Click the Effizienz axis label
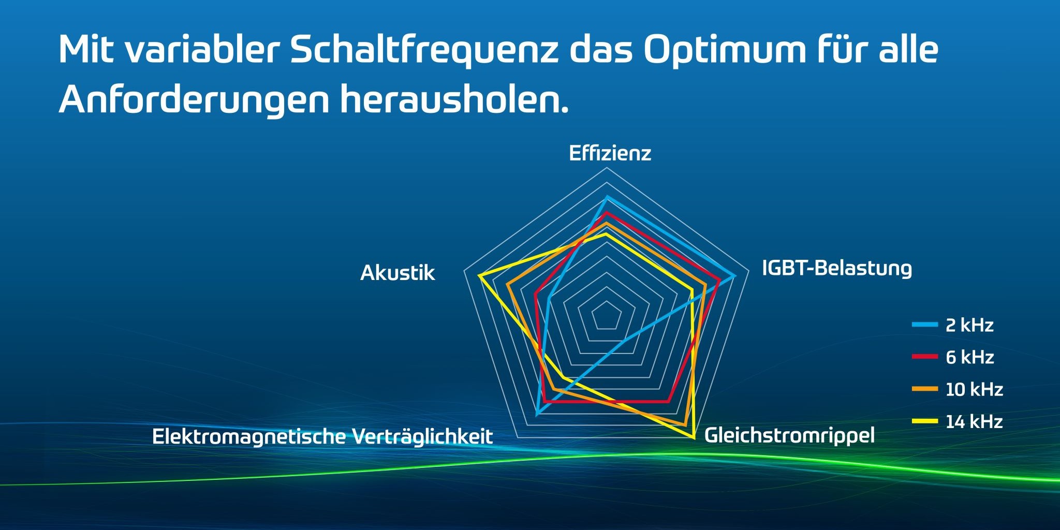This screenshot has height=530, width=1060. pos(610,153)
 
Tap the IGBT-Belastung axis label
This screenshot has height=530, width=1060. pos(836,268)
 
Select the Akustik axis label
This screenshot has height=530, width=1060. pos(397,273)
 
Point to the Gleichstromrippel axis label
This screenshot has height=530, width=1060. pos(789,435)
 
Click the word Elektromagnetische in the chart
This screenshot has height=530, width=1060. pos(249,436)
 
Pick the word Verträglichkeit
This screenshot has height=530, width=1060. pos(423,436)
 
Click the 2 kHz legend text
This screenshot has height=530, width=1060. pos(969,325)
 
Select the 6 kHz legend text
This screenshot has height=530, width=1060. pos(969,357)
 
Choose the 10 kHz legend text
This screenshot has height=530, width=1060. pos(974,389)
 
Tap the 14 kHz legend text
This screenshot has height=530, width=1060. pos(974,421)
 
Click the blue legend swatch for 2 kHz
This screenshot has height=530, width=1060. pos(925,325)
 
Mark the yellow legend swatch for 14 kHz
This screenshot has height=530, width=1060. pos(925,421)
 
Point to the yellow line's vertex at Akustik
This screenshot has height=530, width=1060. pos(480,276)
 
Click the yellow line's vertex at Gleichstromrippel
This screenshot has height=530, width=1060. pos(694,438)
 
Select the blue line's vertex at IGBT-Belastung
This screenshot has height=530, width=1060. pos(734,276)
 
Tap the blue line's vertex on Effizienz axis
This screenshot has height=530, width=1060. pos(607,197)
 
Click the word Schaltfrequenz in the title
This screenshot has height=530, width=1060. pos(424,50)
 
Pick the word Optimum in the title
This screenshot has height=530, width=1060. pos(725,50)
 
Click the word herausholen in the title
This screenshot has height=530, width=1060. pos(453,99)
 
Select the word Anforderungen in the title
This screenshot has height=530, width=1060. pos(194,99)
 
